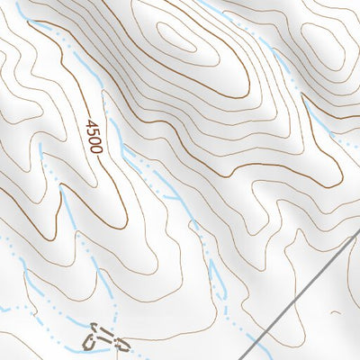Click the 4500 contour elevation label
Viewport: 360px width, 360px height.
click(92, 135)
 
